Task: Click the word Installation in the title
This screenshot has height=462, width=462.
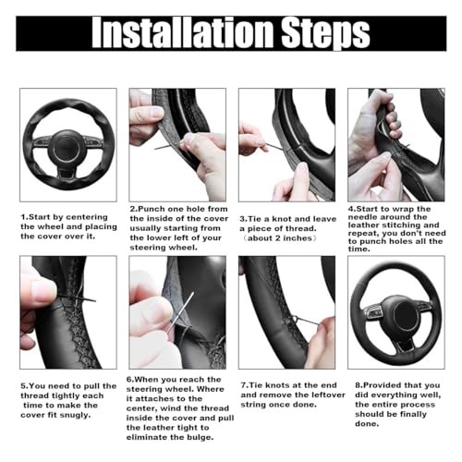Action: [183, 33]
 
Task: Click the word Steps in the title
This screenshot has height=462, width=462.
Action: [325, 35]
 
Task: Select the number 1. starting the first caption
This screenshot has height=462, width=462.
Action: [24, 217]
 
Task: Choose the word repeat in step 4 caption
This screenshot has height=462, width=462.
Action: [362, 234]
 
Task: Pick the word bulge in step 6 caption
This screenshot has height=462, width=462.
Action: [201, 437]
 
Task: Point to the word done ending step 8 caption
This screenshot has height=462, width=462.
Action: [367, 424]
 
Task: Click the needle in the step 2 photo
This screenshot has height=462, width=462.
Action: [169, 146]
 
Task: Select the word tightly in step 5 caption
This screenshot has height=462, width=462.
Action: [66, 395]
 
